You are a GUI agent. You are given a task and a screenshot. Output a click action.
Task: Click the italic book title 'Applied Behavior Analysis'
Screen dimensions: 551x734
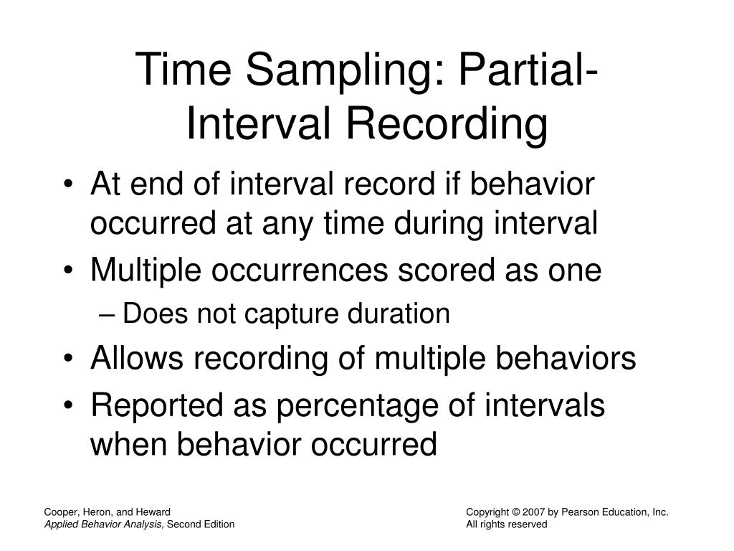[104, 524]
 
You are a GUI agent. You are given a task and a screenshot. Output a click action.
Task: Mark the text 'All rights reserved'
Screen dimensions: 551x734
[506, 524]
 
